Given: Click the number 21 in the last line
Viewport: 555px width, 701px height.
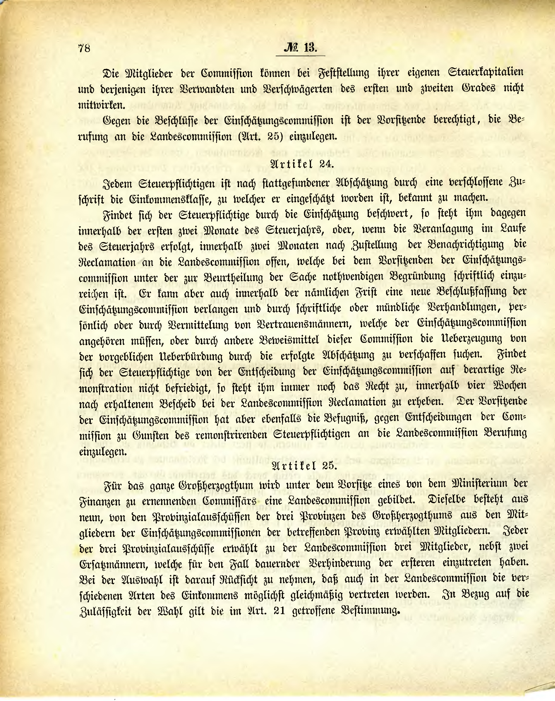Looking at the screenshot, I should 277,611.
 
